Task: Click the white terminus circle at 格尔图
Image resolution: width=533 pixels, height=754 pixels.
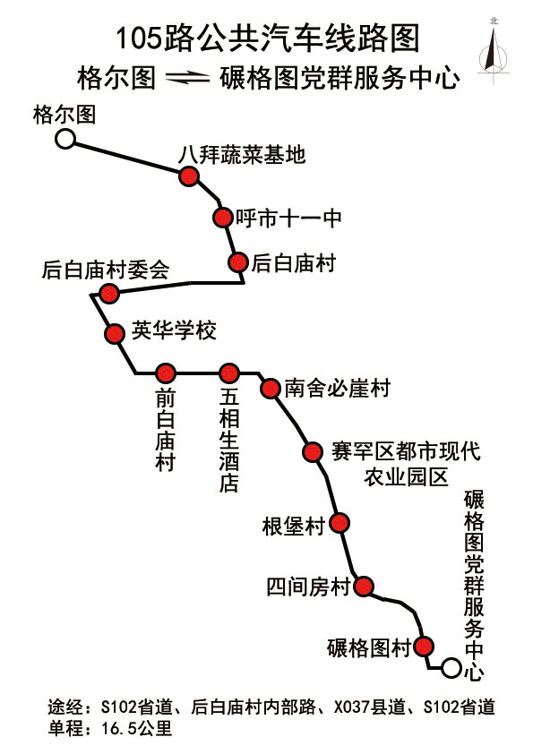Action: pyautogui.click(x=64, y=139)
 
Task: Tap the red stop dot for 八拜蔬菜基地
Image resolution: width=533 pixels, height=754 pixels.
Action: pyautogui.click(x=189, y=176)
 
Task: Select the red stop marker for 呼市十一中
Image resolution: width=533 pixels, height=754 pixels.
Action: pyautogui.click(x=222, y=218)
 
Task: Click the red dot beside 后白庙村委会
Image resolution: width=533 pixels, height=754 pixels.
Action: pyautogui.click(x=109, y=293)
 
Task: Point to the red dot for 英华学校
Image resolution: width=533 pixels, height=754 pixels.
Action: pyautogui.click(x=115, y=333)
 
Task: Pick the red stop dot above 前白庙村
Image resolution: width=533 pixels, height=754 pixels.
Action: pyautogui.click(x=165, y=373)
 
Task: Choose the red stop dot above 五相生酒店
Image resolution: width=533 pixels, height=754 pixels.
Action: pyautogui.click(x=229, y=373)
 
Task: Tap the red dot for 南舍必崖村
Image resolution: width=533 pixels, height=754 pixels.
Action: pyautogui.click(x=271, y=388)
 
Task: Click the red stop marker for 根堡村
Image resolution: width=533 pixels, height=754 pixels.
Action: pyautogui.click(x=340, y=523)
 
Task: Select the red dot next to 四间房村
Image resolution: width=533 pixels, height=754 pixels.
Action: pyautogui.click(x=364, y=587)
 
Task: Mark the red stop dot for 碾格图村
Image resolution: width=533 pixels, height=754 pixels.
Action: pyautogui.click(x=424, y=647)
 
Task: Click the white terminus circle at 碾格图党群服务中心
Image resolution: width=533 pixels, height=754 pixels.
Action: pyautogui.click(x=451, y=668)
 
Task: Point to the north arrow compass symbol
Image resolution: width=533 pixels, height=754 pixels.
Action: pyautogui.click(x=493, y=52)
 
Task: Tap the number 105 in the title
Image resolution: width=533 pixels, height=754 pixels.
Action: pyautogui.click(x=138, y=39)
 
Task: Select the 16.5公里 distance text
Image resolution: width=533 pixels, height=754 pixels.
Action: pyautogui.click(x=137, y=729)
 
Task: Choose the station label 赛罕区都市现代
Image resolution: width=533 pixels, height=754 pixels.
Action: pyautogui.click(x=406, y=451)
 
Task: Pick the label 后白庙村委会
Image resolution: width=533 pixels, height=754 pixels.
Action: pyautogui.click(x=106, y=270)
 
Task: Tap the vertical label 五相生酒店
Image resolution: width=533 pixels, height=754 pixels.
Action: pyautogui.click(x=229, y=440)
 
